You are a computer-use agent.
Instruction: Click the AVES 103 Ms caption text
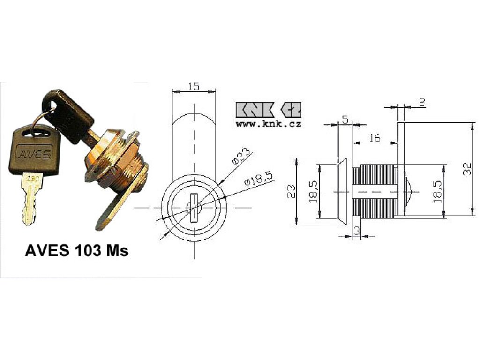click(x=76, y=251)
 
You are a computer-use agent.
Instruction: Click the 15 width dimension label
click(x=194, y=87)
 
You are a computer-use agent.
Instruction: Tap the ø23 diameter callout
click(x=241, y=157)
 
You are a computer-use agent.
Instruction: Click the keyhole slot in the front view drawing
click(x=194, y=208)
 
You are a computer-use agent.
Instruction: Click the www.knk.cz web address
click(x=269, y=124)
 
